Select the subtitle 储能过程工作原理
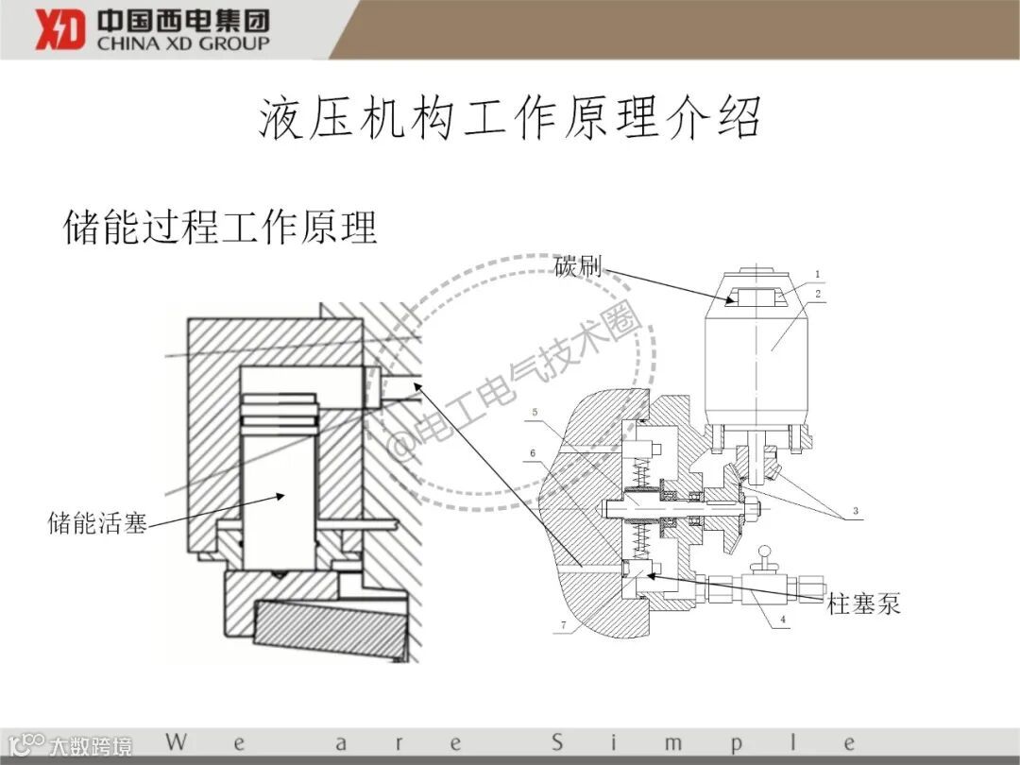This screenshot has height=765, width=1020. tap(220, 228)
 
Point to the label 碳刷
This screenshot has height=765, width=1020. tap(577, 265)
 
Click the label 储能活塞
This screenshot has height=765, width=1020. tap(97, 522)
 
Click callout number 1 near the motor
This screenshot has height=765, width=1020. tap(817, 275)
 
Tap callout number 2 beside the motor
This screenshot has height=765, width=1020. tap(818, 295)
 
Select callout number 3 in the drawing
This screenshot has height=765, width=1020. tap(855, 511)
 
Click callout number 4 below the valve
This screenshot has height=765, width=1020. tap(782, 620)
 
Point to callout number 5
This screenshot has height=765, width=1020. tap(535, 413)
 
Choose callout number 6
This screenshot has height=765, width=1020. tap(533, 453)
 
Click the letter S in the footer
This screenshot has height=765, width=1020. tap(557, 741)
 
